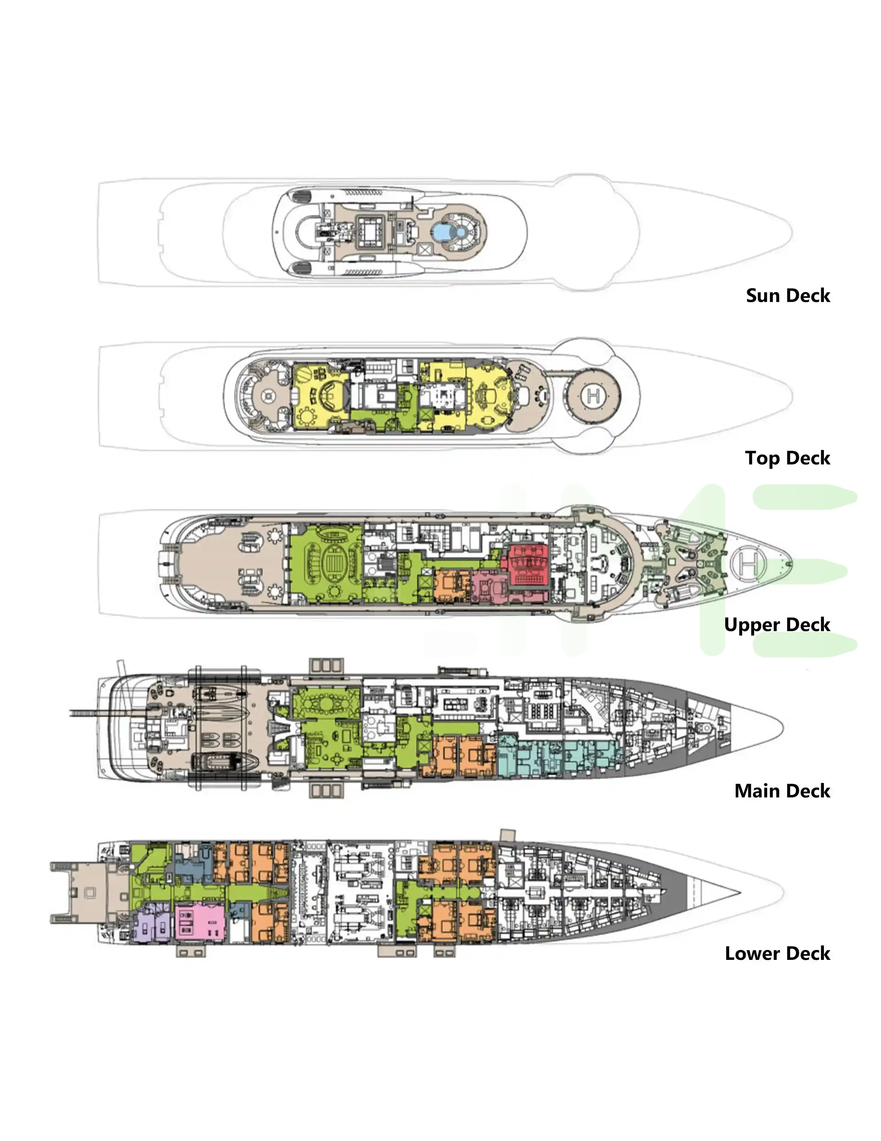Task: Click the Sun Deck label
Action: tap(788, 296)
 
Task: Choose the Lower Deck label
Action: tap(777, 954)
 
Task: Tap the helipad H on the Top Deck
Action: tap(593, 396)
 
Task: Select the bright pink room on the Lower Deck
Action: tap(199, 923)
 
